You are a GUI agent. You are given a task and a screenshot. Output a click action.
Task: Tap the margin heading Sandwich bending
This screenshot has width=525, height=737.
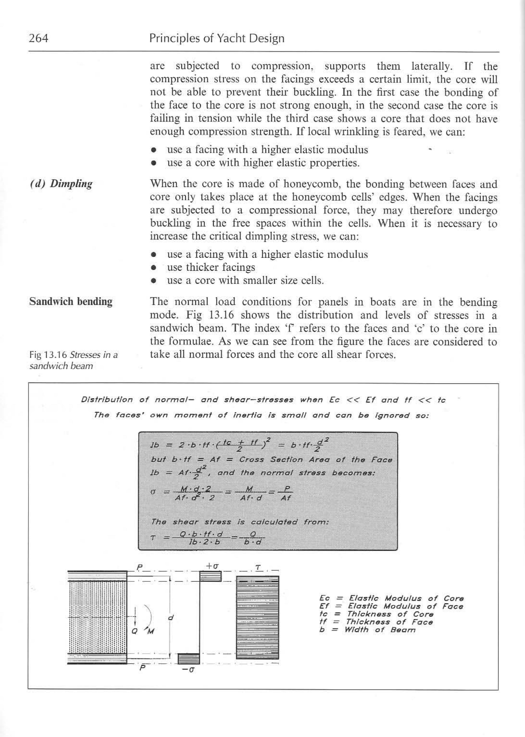71,301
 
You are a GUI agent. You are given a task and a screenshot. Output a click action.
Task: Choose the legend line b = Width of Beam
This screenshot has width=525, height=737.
367,630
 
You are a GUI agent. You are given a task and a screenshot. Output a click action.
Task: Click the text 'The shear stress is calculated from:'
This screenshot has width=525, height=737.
240,522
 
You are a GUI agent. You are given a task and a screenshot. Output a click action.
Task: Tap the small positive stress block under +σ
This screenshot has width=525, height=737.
210,576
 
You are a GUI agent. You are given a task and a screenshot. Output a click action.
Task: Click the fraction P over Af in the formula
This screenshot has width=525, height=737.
286,493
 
